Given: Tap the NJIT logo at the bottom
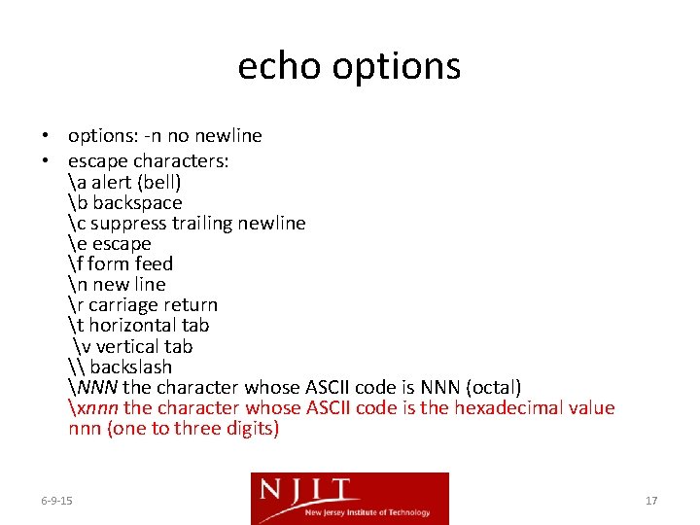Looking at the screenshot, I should point(350,498).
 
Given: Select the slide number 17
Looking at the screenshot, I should point(651,501).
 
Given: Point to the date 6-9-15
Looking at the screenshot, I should point(57,501).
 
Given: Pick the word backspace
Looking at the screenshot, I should point(137,202).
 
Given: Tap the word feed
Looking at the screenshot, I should point(153,263).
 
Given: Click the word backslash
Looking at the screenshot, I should point(130,367).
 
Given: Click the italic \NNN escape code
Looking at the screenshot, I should point(93,388).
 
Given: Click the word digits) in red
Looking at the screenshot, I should point(248,429).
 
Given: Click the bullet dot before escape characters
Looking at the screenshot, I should point(47,161).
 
